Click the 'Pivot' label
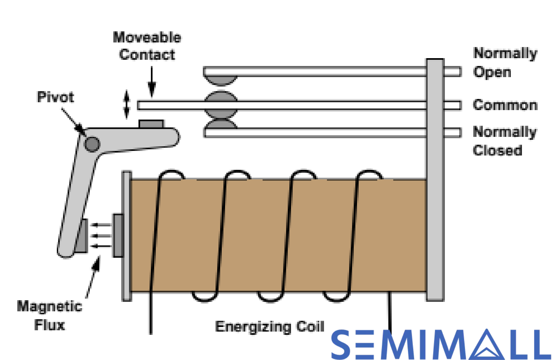point(56,97)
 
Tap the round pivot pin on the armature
point(92,144)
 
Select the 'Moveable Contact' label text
point(147,46)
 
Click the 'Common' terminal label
point(505,105)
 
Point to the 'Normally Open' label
point(505,62)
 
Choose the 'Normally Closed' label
point(505,141)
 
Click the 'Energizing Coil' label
point(269,326)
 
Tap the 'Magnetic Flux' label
point(50,316)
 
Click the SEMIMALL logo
point(441,345)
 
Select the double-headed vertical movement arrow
point(127,105)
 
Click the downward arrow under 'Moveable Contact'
point(152,82)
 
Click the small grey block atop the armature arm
point(151,124)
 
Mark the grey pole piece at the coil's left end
point(118,236)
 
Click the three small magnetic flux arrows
point(101,236)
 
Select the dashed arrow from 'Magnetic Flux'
point(93,276)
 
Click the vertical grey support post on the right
point(435,180)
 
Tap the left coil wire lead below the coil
point(151,314)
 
